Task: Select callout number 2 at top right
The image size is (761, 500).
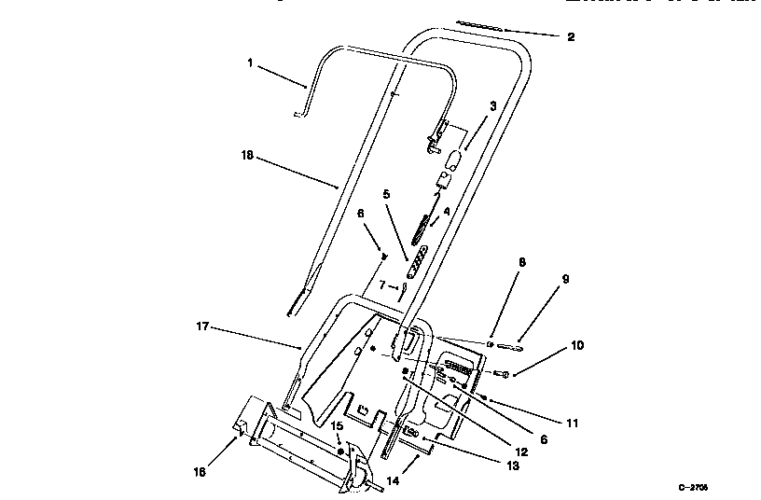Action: (x=571, y=37)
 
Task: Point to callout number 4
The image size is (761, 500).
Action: (x=447, y=212)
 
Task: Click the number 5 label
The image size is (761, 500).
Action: (x=384, y=194)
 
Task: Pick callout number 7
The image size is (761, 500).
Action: (x=381, y=285)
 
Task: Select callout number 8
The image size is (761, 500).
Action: (x=522, y=263)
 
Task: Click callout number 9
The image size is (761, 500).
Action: (x=565, y=279)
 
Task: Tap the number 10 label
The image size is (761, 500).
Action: (x=577, y=345)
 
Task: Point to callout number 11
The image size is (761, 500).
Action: (x=573, y=423)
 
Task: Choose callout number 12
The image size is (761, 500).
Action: (x=521, y=451)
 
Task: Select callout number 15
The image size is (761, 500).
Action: (x=339, y=425)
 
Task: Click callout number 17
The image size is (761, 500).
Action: (x=201, y=327)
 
